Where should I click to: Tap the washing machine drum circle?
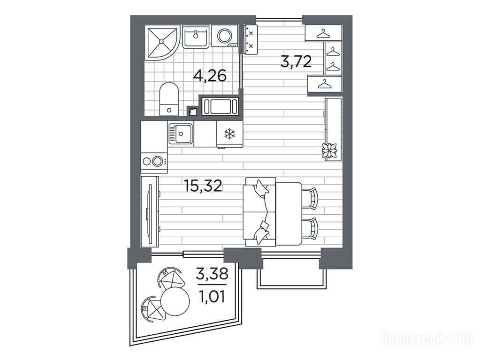click(225, 36)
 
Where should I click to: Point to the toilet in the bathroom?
click(169, 99)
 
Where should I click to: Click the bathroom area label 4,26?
click(210, 75)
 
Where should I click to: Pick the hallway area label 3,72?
click(296, 61)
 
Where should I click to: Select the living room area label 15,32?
click(203, 185)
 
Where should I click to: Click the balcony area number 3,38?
click(212, 274)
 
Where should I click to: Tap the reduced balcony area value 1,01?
click(212, 296)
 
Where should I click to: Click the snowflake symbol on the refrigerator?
click(229, 134)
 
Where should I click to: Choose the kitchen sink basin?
click(181, 134)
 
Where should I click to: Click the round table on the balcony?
click(175, 301)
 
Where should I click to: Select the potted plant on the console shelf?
click(329, 151)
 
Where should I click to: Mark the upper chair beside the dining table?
click(310, 198)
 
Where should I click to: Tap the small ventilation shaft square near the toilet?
click(192, 112)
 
